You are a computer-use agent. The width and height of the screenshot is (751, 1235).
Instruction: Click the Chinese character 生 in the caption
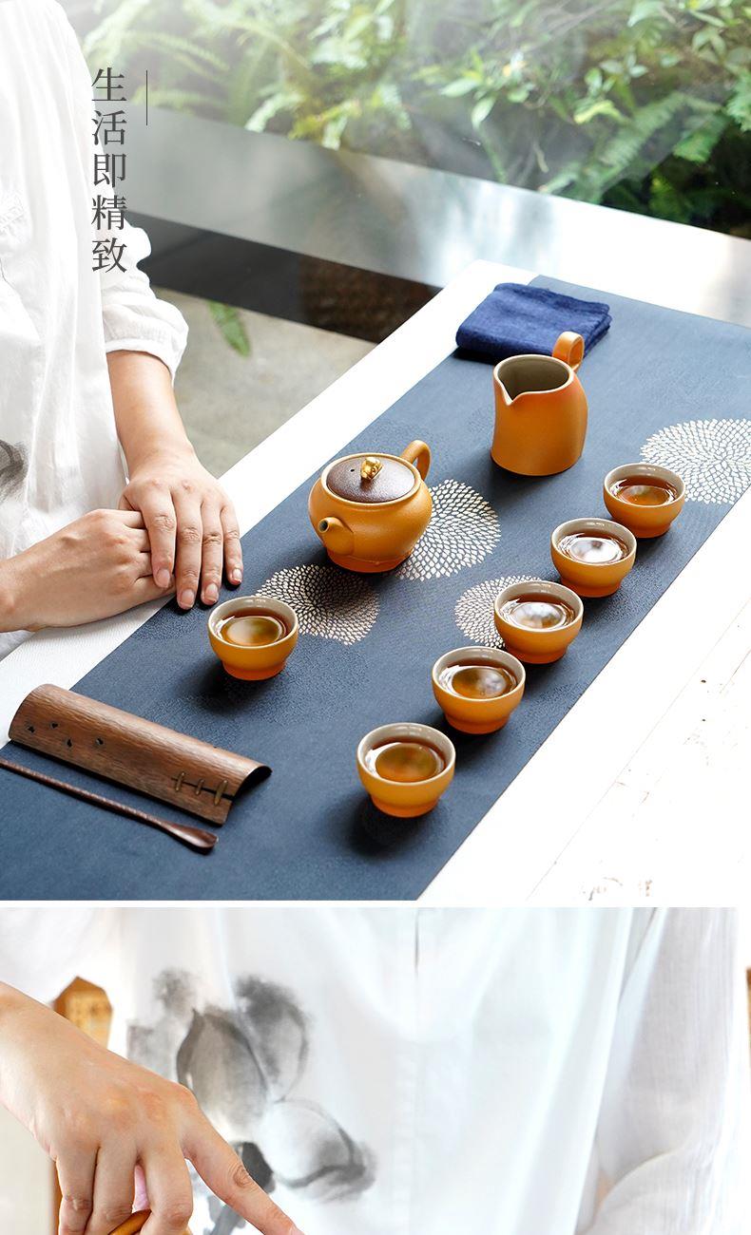pyautogui.click(x=109, y=85)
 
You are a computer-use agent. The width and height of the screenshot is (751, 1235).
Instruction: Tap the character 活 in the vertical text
pyautogui.click(x=109, y=128)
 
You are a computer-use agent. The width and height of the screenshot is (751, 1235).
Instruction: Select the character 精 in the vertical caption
pyautogui.click(x=109, y=212)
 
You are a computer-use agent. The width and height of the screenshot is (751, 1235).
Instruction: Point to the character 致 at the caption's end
pyautogui.click(x=109, y=255)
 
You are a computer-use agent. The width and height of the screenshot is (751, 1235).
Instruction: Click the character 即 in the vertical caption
pyautogui.click(x=109, y=170)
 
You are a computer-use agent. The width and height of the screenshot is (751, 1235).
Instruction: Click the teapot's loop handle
pyautogui.click(x=417, y=458)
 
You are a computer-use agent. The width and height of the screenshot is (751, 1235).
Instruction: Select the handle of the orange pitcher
pyautogui.click(x=568, y=351)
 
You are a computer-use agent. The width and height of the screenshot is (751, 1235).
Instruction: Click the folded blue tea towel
pyautogui.click(x=532, y=320)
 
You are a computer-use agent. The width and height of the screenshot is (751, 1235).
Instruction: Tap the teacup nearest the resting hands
pyautogui.click(x=253, y=636)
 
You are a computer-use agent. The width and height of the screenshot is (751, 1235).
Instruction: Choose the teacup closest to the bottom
pyautogui.click(x=406, y=769)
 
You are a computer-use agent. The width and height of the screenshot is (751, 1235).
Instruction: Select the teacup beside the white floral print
pyautogui.click(x=644, y=500)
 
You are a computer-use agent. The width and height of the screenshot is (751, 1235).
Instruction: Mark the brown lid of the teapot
pyautogui.click(x=370, y=478)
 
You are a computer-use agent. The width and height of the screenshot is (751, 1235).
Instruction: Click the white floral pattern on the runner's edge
pyautogui.click(x=698, y=461)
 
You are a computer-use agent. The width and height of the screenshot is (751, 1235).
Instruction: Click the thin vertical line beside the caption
pyautogui.click(x=146, y=98)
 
